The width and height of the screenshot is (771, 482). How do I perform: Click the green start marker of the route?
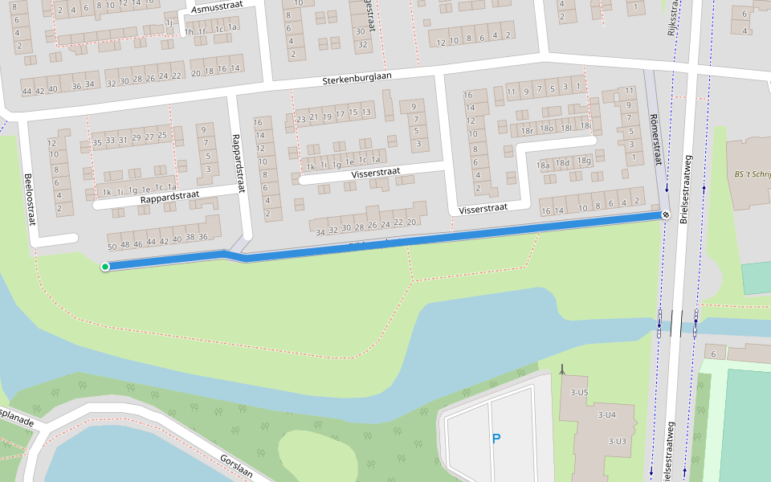pos(105,267)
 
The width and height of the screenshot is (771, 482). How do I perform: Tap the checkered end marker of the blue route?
pos(666,214)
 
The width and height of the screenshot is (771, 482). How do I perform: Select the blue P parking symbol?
pos(496,439)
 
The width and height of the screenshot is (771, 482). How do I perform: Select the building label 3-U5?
pos(577,392)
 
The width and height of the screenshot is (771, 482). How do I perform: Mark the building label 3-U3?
pos(617,441)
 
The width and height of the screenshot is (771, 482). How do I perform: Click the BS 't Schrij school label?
pos(752,174)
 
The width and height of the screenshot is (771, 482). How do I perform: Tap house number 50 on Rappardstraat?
pos(112,245)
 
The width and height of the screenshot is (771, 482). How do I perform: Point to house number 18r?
pos(527,130)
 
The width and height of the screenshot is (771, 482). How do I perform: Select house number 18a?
pos(544,165)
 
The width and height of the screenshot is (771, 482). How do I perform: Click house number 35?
pos(97,142)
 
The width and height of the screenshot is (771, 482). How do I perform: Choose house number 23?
pos(300,120)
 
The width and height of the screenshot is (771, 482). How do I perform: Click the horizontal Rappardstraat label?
pos(168,198)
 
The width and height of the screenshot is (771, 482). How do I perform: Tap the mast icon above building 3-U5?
pos(563,370)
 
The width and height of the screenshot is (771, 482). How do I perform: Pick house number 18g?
pos(584,161)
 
